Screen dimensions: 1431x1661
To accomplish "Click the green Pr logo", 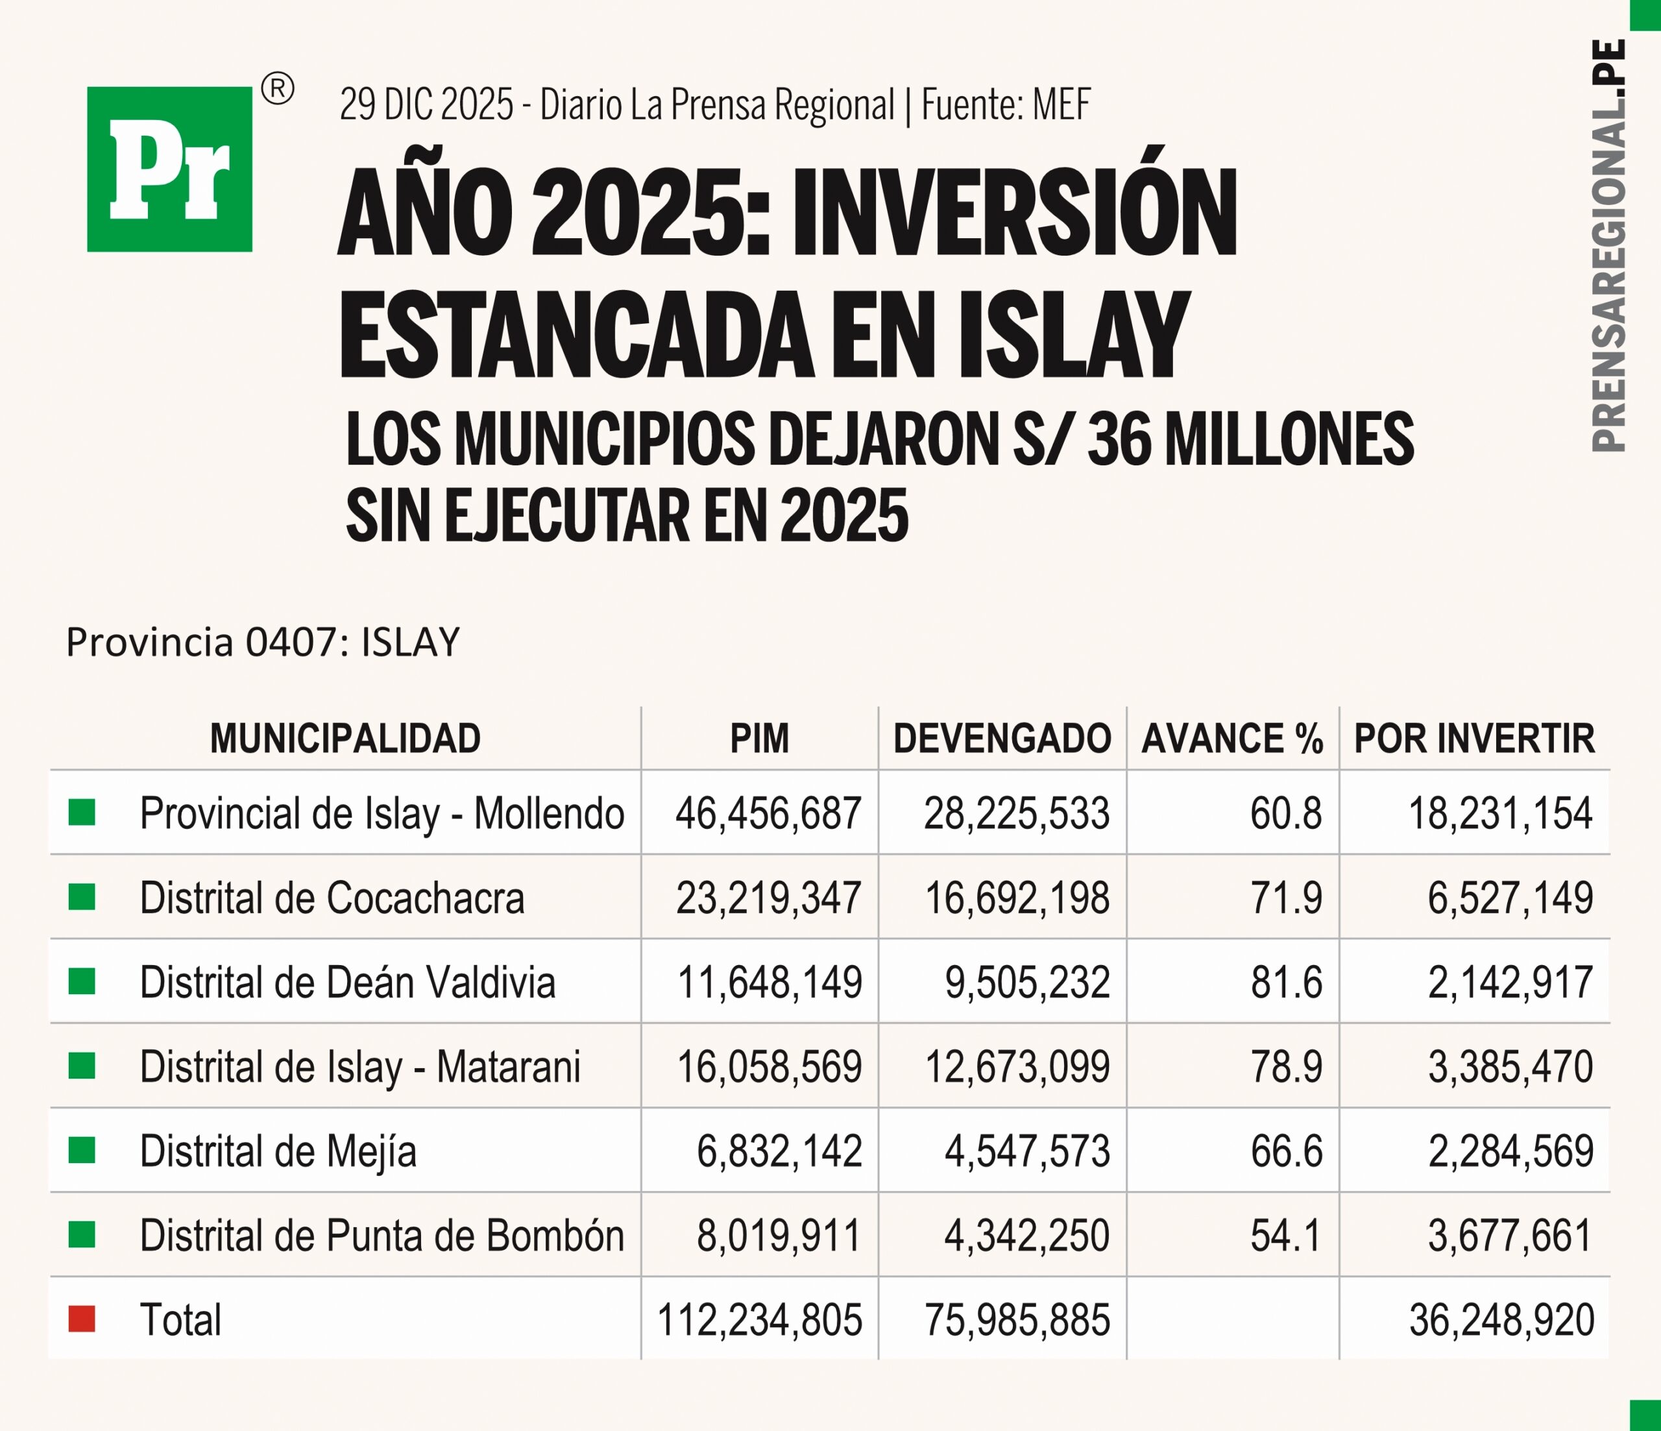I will pyautogui.click(x=169, y=169).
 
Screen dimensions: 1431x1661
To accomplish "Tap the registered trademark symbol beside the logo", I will pyautogui.click(x=277, y=90).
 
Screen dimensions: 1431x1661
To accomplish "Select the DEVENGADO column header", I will pyautogui.click(x=1002, y=739).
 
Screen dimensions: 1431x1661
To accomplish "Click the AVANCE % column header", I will pyautogui.click(x=1232, y=739).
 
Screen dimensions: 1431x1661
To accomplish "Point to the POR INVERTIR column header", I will pyautogui.click(x=1474, y=739).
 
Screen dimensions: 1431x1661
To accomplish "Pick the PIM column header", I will pyautogui.click(x=759, y=739).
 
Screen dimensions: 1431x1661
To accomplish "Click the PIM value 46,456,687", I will pyautogui.click(x=768, y=813).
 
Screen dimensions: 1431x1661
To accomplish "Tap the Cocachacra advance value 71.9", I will pyautogui.click(x=1286, y=897).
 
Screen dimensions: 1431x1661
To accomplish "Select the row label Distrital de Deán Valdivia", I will pyautogui.click(x=347, y=982).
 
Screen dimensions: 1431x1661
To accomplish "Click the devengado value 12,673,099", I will pyautogui.click(x=1017, y=1066).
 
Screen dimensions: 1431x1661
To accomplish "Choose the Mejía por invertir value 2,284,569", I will pyautogui.click(x=1510, y=1151).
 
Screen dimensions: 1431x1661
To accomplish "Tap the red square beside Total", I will pyautogui.click(x=82, y=1319).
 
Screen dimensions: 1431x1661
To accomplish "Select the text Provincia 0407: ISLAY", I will pyautogui.click(x=263, y=642).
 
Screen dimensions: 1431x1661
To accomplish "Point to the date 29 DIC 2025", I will pyautogui.click(x=426, y=105).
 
